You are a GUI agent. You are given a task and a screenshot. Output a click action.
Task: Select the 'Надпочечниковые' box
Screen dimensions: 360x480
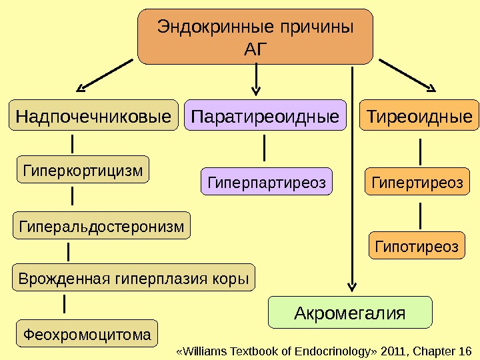point(93,117)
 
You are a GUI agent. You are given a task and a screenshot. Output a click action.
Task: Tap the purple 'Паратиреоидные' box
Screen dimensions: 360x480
point(265,117)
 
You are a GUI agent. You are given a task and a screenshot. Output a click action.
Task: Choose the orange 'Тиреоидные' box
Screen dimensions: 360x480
point(419,117)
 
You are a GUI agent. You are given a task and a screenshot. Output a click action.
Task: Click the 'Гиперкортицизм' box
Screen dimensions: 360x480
point(83,171)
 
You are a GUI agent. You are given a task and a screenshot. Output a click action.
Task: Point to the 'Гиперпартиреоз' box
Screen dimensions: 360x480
point(266,182)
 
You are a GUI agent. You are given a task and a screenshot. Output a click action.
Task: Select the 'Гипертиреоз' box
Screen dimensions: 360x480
point(417,182)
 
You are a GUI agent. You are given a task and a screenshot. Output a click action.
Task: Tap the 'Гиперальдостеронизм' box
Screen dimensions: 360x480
point(101,226)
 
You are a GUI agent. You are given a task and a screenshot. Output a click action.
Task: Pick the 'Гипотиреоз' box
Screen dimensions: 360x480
point(417,247)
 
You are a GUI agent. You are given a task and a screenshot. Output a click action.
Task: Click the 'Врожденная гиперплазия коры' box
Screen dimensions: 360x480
point(134,278)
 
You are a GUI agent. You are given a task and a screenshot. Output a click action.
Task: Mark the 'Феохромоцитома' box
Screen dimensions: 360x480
point(87,333)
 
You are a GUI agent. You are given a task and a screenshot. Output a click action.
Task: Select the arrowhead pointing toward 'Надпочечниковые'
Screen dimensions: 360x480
point(83,87)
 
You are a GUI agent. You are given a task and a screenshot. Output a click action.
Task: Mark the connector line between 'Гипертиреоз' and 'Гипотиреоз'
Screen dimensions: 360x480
point(420,215)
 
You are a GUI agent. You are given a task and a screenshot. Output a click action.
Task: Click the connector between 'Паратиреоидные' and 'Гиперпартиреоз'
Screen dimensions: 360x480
point(265,148)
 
